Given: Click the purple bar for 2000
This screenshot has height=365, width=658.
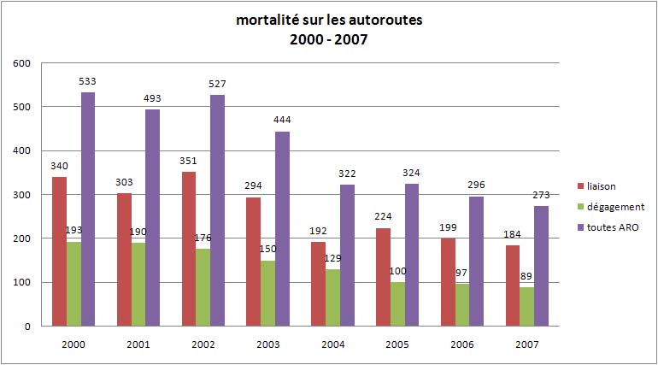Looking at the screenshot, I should [x=88, y=209].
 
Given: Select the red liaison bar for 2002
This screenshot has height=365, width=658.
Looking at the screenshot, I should [x=189, y=249].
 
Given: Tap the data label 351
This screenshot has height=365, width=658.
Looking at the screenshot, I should [x=189, y=162].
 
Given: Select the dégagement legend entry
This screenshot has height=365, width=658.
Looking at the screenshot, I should [x=614, y=206].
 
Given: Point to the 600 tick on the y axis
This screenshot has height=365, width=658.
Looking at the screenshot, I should [x=22, y=63].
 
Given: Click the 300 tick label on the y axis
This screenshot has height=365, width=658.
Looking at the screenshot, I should [x=22, y=195].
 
